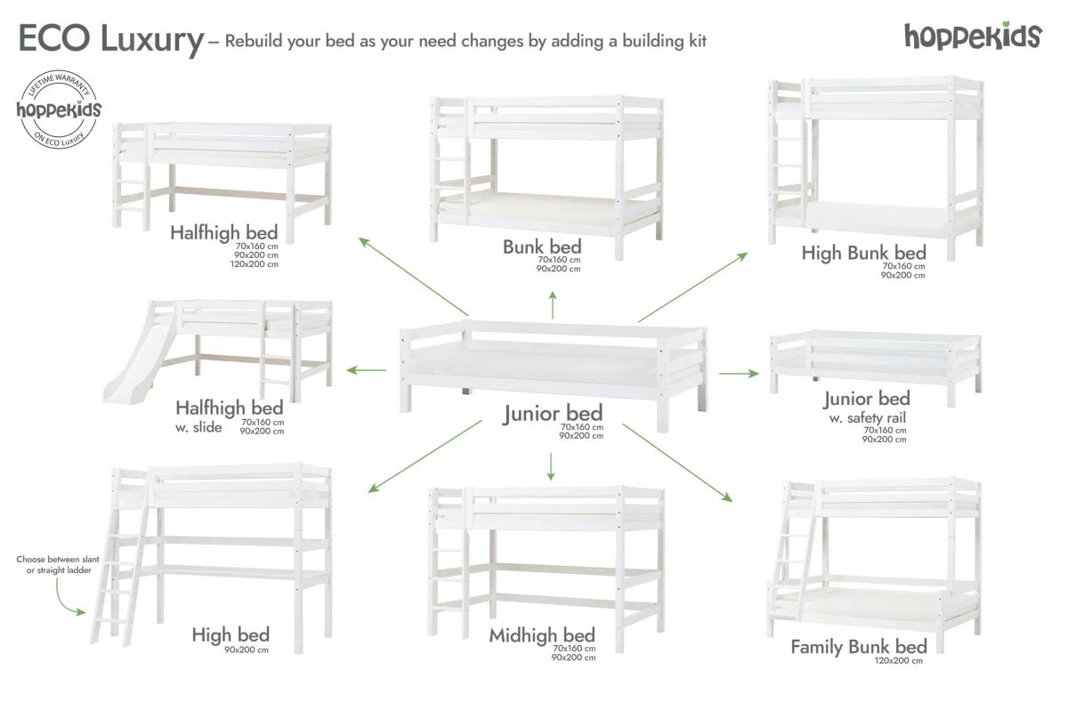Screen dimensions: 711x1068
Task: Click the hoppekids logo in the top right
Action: tap(972, 36)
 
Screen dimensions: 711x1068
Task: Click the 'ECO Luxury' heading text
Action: tap(110, 39)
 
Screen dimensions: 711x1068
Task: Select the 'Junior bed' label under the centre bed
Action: tap(553, 413)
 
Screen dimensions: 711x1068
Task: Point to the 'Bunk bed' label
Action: tap(542, 246)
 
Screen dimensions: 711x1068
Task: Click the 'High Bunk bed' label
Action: tap(863, 253)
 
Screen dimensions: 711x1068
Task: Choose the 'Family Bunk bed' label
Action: tap(859, 647)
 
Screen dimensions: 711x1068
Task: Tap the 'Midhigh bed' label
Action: tap(542, 635)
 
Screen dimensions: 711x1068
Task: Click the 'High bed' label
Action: tap(231, 634)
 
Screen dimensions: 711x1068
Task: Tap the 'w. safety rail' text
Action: tap(866, 417)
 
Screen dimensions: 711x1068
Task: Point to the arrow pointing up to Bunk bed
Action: tap(553, 306)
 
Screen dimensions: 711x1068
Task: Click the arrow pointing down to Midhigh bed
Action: tap(552, 465)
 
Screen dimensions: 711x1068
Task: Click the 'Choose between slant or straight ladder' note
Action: tap(53, 564)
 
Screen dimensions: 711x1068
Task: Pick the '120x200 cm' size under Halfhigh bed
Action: tap(255, 264)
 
